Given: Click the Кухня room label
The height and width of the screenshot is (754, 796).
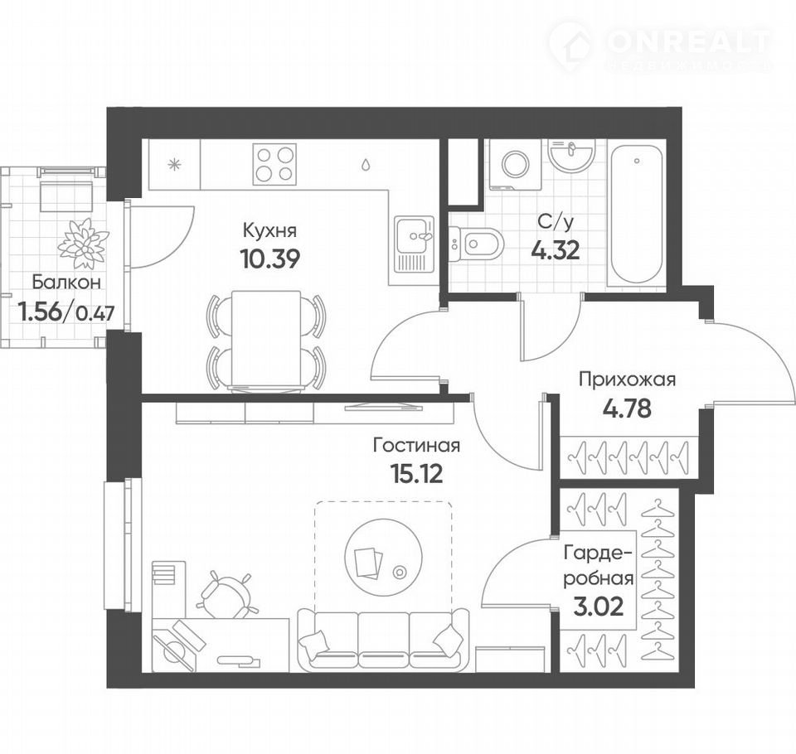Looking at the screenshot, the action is [269, 230].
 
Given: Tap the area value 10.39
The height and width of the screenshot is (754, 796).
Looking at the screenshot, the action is [270, 259].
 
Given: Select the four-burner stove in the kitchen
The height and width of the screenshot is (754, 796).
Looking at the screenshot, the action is [274, 164].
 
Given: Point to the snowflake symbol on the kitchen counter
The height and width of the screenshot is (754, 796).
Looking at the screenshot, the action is [175, 164].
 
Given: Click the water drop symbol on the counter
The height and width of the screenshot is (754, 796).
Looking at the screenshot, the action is [366, 164].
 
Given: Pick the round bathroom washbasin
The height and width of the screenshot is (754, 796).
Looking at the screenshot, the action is [571, 155].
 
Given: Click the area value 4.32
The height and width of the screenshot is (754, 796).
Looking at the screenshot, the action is [556, 250].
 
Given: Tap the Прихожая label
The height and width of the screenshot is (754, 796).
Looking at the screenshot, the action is [628, 379].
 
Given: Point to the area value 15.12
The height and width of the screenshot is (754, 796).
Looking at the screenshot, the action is [417, 474].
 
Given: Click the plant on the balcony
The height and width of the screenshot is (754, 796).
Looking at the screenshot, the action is [83, 243].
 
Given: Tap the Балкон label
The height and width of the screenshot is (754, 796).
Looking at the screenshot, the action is [66, 283].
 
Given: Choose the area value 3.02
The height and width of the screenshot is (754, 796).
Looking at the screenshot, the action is [598, 607].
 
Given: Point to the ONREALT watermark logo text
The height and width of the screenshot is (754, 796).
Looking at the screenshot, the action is [688, 41].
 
